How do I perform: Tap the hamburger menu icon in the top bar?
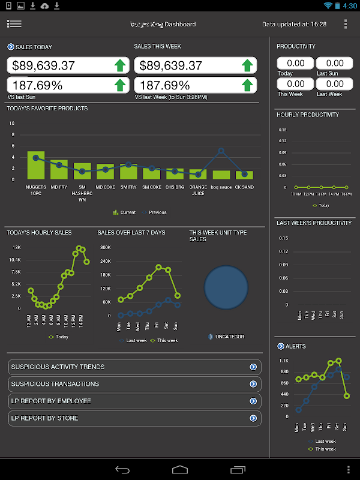pyautogui.click(x=14, y=24)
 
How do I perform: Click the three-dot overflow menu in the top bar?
pyautogui.click(x=346, y=24)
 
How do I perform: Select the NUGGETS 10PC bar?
pyautogui.click(x=36, y=166)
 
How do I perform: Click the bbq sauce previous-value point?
pyautogui.click(x=221, y=151)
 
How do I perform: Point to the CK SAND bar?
pyautogui.click(x=244, y=175)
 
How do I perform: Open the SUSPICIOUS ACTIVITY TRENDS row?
pyautogui.click(x=134, y=367)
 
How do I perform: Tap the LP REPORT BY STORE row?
pyautogui.click(x=134, y=418)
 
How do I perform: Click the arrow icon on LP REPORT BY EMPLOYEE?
pyautogui.click(x=253, y=401)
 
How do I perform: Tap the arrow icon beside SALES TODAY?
pyautogui.click(x=10, y=47)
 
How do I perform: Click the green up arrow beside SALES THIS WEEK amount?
pyautogui.click(x=247, y=65)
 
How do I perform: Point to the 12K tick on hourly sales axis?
pyautogui.click(x=16, y=247)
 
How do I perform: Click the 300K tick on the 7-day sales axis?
pyautogui.click(x=105, y=247)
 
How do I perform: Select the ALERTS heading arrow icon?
pyautogui.click(x=280, y=346)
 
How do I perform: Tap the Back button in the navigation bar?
pyautogui.click(x=122, y=469)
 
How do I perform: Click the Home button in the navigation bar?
pyautogui.click(x=180, y=469)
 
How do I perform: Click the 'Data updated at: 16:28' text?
pyautogui.click(x=294, y=25)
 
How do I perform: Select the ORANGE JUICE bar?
pyautogui.click(x=198, y=174)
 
